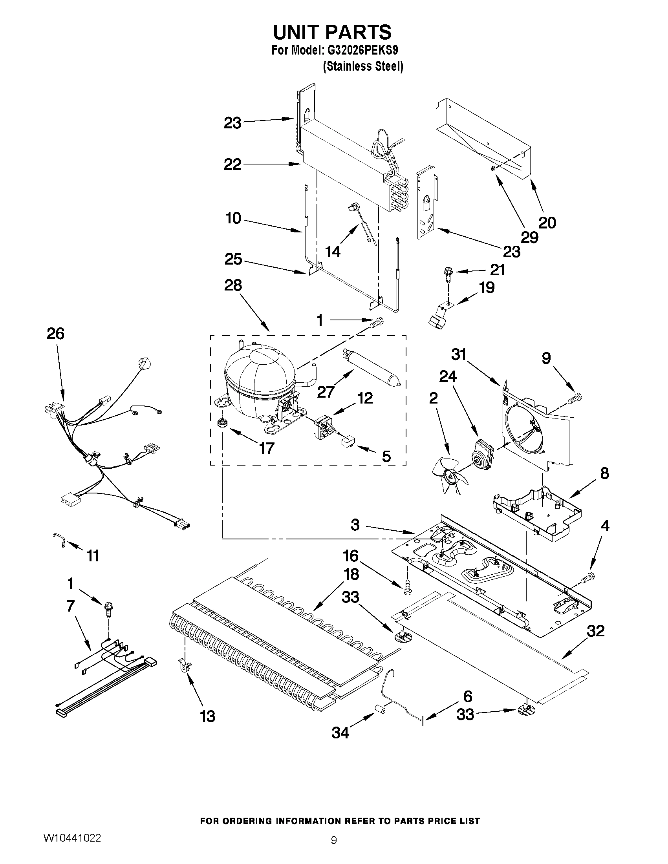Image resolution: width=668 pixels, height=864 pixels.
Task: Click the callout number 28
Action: tap(233, 285)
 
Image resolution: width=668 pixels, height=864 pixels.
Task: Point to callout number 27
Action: tap(325, 392)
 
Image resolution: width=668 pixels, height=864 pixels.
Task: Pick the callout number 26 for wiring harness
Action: tap(55, 334)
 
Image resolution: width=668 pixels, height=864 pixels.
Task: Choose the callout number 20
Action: tap(547, 223)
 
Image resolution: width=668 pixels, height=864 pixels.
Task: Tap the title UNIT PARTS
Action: tap(332, 33)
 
